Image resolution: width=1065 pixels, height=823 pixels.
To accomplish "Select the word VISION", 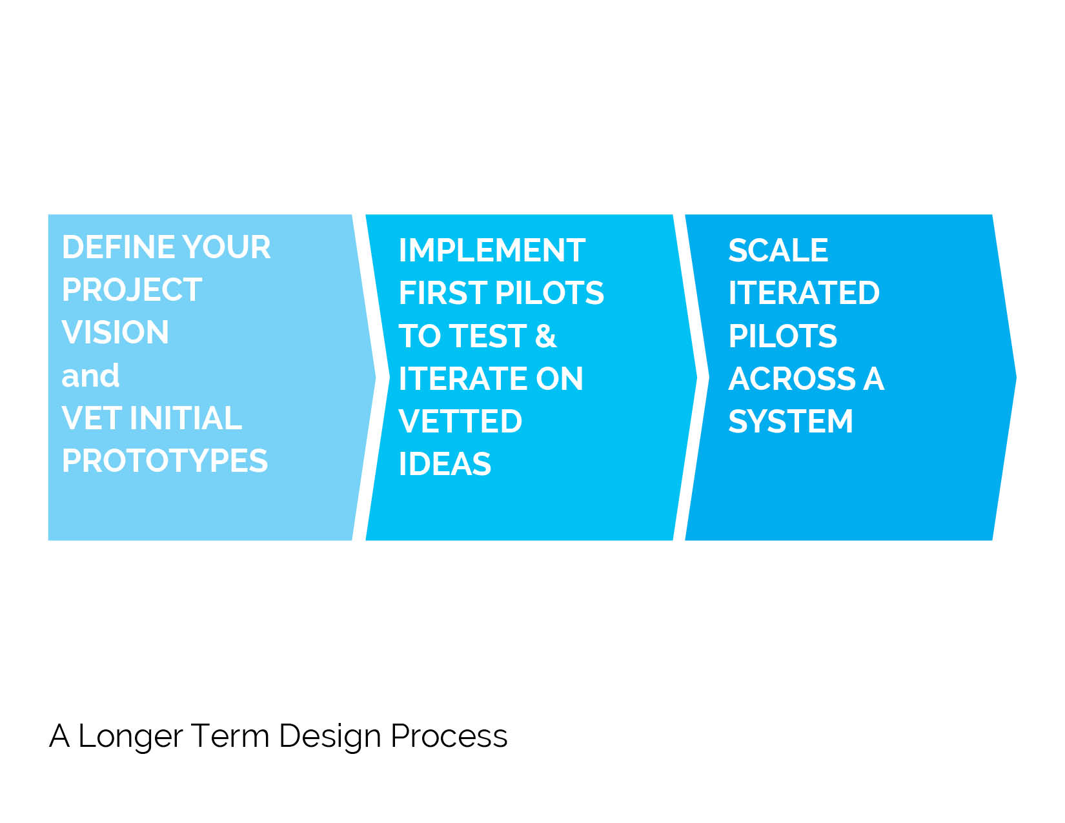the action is click(x=115, y=332).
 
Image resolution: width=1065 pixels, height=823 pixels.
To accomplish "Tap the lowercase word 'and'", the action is click(x=90, y=376).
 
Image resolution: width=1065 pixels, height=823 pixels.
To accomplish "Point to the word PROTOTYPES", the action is click(x=165, y=461).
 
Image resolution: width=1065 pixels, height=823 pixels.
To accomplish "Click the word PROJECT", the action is click(x=132, y=290).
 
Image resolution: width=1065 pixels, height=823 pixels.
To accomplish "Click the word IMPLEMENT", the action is click(x=492, y=250).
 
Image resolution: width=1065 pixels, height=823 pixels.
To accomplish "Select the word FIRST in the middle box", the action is click(x=443, y=293).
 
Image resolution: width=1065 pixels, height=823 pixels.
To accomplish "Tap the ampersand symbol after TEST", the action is click(x=545, y=336).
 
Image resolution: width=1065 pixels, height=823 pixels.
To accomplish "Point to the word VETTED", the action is click(x=460, y=422).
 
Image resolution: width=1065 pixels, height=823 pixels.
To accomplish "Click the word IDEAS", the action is click(x=445, y=464).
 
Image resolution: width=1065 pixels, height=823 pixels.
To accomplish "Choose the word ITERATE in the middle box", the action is click(x=463, y=379).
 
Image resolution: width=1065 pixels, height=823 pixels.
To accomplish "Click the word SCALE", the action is click(x=778, y=250).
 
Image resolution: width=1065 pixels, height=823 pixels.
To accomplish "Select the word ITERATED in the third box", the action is click(x=804, y=293).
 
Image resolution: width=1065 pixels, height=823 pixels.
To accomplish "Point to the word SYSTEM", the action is click(x=791, y=422).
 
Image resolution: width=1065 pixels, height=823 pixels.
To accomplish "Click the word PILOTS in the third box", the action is click(x=783, y=336).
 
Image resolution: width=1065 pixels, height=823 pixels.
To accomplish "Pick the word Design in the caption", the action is click(x=330, y=737).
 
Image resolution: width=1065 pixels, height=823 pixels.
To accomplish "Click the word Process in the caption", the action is click(x=449, y=737).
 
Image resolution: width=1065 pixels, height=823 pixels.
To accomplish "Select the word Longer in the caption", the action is click(x=130, y=737).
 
